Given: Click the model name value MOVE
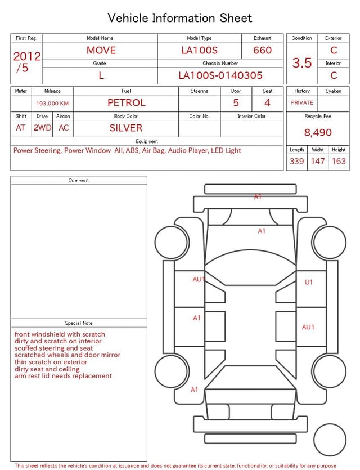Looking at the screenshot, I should [101, 50].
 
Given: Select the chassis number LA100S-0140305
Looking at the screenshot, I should [220, 75].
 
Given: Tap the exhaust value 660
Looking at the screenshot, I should [262, 50].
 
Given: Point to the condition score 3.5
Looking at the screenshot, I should [302, 62].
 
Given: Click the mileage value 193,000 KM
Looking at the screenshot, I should [52, 104].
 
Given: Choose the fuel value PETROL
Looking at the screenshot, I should [126, 103].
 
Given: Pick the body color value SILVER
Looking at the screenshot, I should [126, 128].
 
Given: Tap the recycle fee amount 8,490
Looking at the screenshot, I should [318, 133].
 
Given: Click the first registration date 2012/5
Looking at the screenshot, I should [26, 62].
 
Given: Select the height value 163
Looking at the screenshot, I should [339, 162].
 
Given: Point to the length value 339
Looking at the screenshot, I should [296, 162].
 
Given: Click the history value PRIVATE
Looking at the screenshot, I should [302, 103].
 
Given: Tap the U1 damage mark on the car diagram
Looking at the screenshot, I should [309, 282].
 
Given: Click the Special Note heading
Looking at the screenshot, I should [79, 323].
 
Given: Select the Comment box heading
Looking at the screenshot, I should [79, 181].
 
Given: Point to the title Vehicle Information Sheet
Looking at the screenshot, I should [180, 18].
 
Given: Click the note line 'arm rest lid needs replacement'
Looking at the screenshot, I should [63, 376].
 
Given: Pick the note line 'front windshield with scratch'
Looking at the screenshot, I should [60, 334].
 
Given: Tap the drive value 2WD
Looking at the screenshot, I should [42, 128].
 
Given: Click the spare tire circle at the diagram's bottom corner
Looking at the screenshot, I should [330, 440].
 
